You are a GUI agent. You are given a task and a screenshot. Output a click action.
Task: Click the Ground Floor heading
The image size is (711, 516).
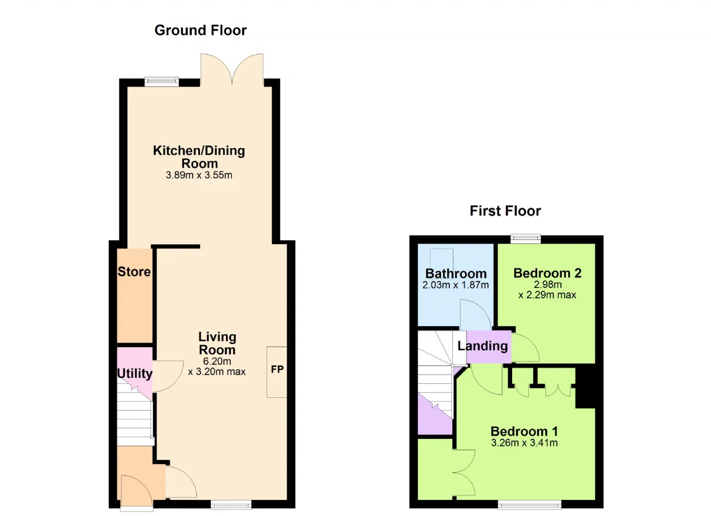click(x=201, y=31)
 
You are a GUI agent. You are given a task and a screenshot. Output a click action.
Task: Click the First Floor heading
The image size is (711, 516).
click(x=505, y=211)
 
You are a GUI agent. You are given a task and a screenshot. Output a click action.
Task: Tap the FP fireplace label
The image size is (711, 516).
click(x=277, y=370)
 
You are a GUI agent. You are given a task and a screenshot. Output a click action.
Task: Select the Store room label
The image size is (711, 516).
click(x=134, y=272)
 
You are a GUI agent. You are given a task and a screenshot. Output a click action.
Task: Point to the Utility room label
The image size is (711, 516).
click(x=134, y=373)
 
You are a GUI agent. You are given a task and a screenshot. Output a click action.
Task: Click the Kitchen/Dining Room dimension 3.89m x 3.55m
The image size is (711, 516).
click(x=199, y=175)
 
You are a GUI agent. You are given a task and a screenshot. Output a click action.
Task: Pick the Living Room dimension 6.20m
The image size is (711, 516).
click(x=217, y=361)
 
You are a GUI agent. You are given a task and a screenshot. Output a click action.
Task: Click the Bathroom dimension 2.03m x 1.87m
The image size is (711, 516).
click(x=455, y=285)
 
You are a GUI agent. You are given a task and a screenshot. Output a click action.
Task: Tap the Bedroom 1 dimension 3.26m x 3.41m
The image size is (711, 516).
click(x=524, y=443)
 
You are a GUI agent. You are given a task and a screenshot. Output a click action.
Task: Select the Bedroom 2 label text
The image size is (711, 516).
click(x=548, y=273)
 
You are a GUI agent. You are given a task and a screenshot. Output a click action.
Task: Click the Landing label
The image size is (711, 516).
click(x=483, y=346)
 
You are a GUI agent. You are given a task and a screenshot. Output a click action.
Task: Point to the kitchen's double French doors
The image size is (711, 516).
click(x=232, y=70)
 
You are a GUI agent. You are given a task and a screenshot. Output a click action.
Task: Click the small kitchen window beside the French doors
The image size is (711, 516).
click(x=162, y=82)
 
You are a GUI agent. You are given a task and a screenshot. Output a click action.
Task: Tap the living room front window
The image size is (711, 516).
click(x=231, y=504)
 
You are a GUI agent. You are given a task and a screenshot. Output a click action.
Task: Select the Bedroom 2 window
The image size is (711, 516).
click(x=525, y=239)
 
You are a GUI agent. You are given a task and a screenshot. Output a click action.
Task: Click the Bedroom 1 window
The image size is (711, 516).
click(x=529, y=504)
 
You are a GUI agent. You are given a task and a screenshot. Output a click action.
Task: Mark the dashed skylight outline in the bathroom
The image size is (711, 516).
click(x=442, y=259)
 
